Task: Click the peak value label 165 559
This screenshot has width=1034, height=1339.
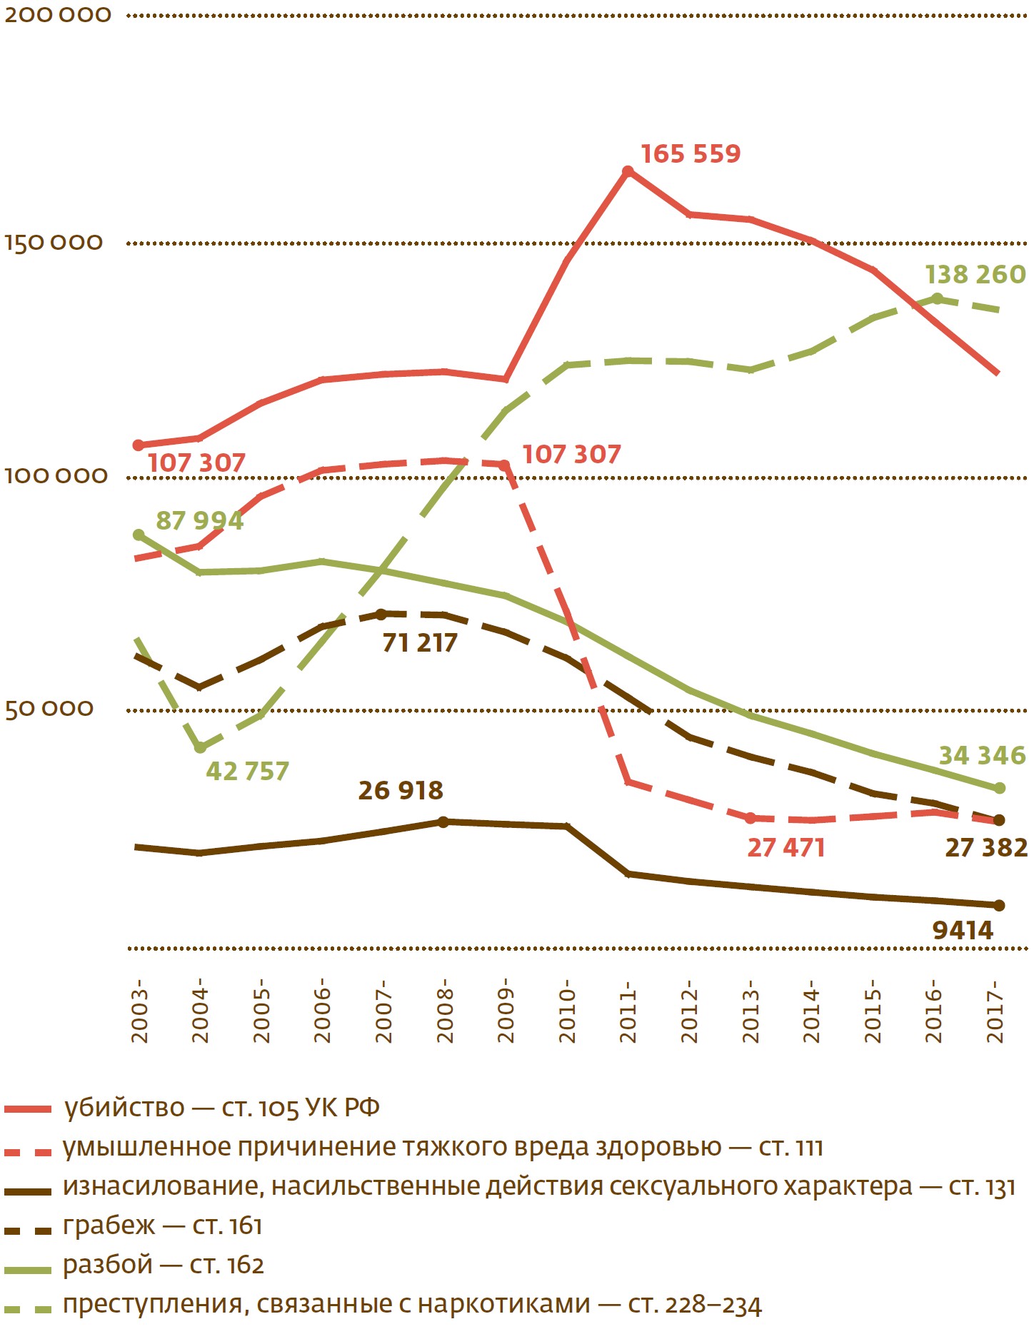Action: tap(691, 154)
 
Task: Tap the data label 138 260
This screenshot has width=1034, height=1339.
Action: tap(975, 275)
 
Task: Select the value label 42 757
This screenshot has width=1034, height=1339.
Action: tap(247, 772)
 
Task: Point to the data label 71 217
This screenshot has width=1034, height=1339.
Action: tap(419, 643)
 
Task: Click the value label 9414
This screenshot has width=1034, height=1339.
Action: tap(963, 931)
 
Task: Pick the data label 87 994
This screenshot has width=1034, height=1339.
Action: tap(200, 521)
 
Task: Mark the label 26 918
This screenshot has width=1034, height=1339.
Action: tap(401, 791)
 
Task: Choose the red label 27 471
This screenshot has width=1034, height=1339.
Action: tap(785, 848)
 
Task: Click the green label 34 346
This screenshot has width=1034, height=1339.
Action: tap(982, 756)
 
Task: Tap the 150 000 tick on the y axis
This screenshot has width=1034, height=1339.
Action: tap(54, 243)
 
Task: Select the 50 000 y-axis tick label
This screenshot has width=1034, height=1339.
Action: tap(49, 709)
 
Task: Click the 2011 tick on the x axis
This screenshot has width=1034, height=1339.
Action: tap(628, 1012)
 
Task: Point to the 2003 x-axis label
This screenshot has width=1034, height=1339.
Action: tap(139, 1012)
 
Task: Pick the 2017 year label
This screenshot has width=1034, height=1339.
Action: tap(996, 1012)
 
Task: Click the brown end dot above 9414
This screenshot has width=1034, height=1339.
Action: tap(999, 906)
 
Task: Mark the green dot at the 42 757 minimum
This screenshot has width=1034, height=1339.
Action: tap(200, 747)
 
